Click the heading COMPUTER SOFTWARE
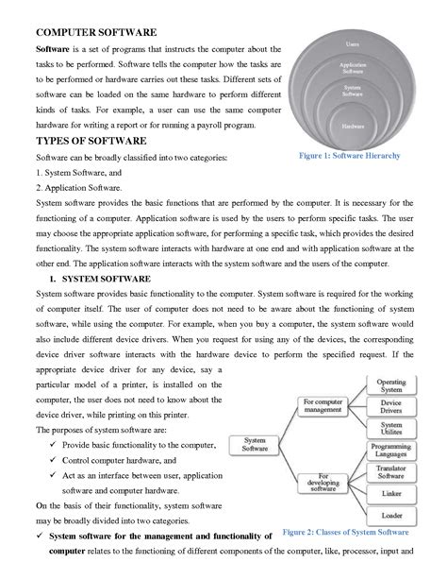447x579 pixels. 95,33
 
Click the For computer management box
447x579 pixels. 323,406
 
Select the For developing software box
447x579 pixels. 323,482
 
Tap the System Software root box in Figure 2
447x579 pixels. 255,444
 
